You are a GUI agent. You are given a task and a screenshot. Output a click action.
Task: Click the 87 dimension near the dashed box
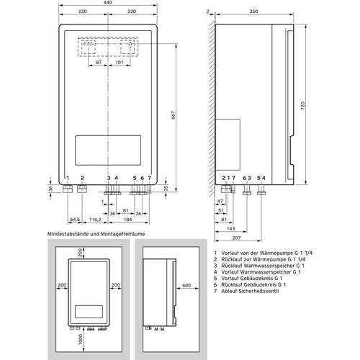coord(98,63)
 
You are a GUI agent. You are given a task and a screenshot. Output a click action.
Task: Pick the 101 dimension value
coord(119,63)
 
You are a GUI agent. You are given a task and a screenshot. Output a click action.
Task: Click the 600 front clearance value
coord(186,284)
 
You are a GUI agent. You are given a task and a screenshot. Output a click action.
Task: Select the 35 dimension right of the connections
coord(166,189)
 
